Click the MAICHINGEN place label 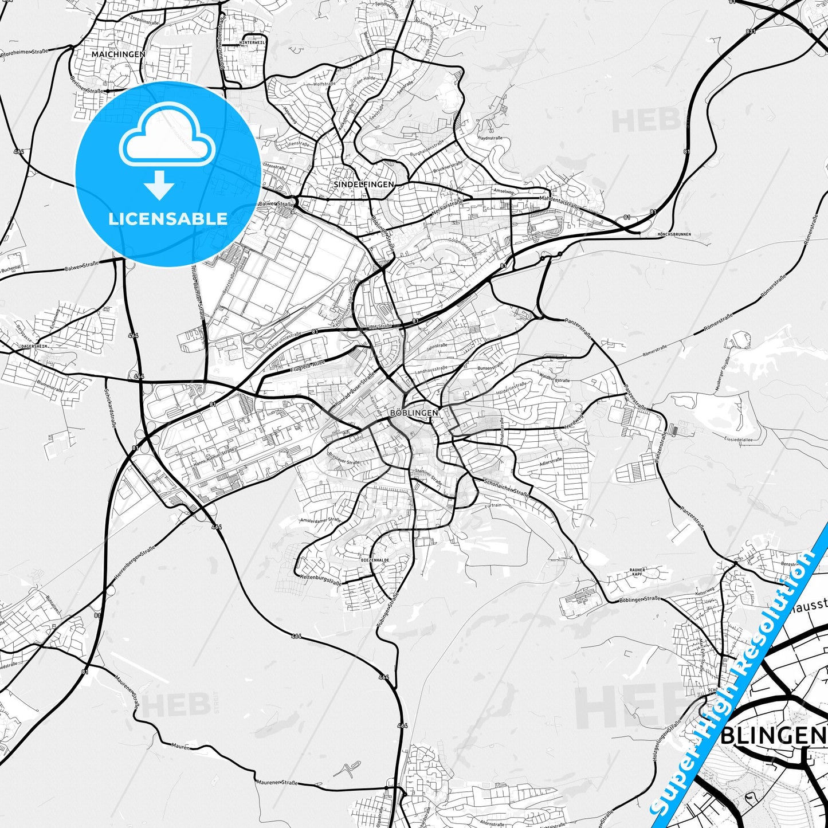pyautogui.click(x=118, y=54)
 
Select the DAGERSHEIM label pyautogui.click(x=34, y=347)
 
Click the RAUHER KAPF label pyautogui.click(x=637, y=571)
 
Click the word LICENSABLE pyautogui.click(x=167, y=218)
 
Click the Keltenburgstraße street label pyautogui.click(x=320, y=580)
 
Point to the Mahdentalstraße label pyautogui.click(x=559, y=201)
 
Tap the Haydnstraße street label pyautogui.click(x=490, y=138)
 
